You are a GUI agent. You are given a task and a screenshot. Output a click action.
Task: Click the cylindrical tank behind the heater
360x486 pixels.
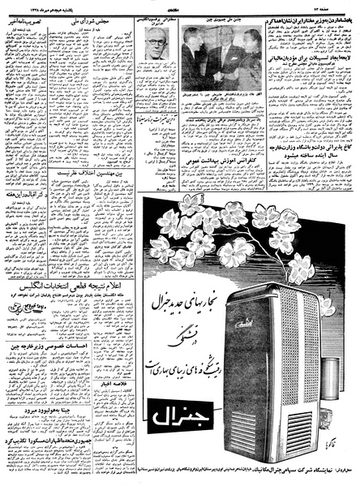[341, 365]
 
